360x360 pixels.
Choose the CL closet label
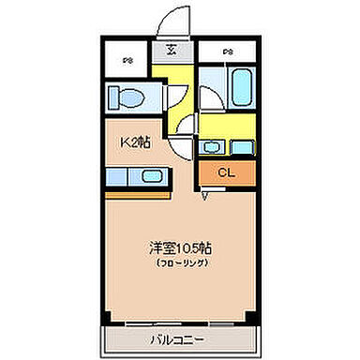tap(226, 172)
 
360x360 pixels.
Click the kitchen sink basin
tap(150, 176)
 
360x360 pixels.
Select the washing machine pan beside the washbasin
tap(241, 146)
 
